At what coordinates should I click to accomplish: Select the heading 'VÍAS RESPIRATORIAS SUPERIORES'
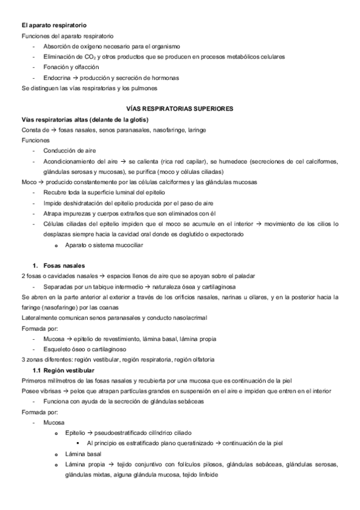tap(180, 109)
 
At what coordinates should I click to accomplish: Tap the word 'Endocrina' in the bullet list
tap(56, 78)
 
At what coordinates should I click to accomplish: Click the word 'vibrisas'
tap(49, 391)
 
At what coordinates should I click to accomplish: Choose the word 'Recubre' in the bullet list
tap(55, 192)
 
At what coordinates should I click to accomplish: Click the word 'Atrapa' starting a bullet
tap(53, 213)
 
